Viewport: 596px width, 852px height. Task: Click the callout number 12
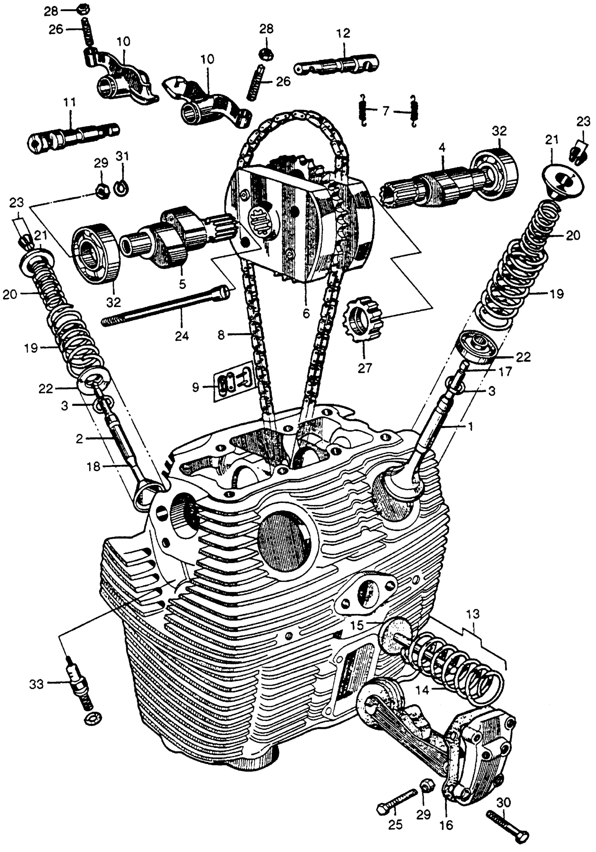[344, 33]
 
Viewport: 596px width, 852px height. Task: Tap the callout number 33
[37, 684]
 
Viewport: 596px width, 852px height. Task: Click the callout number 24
[182, 336]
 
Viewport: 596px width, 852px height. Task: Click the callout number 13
[473, 614]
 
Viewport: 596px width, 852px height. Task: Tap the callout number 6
[306, 313]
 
